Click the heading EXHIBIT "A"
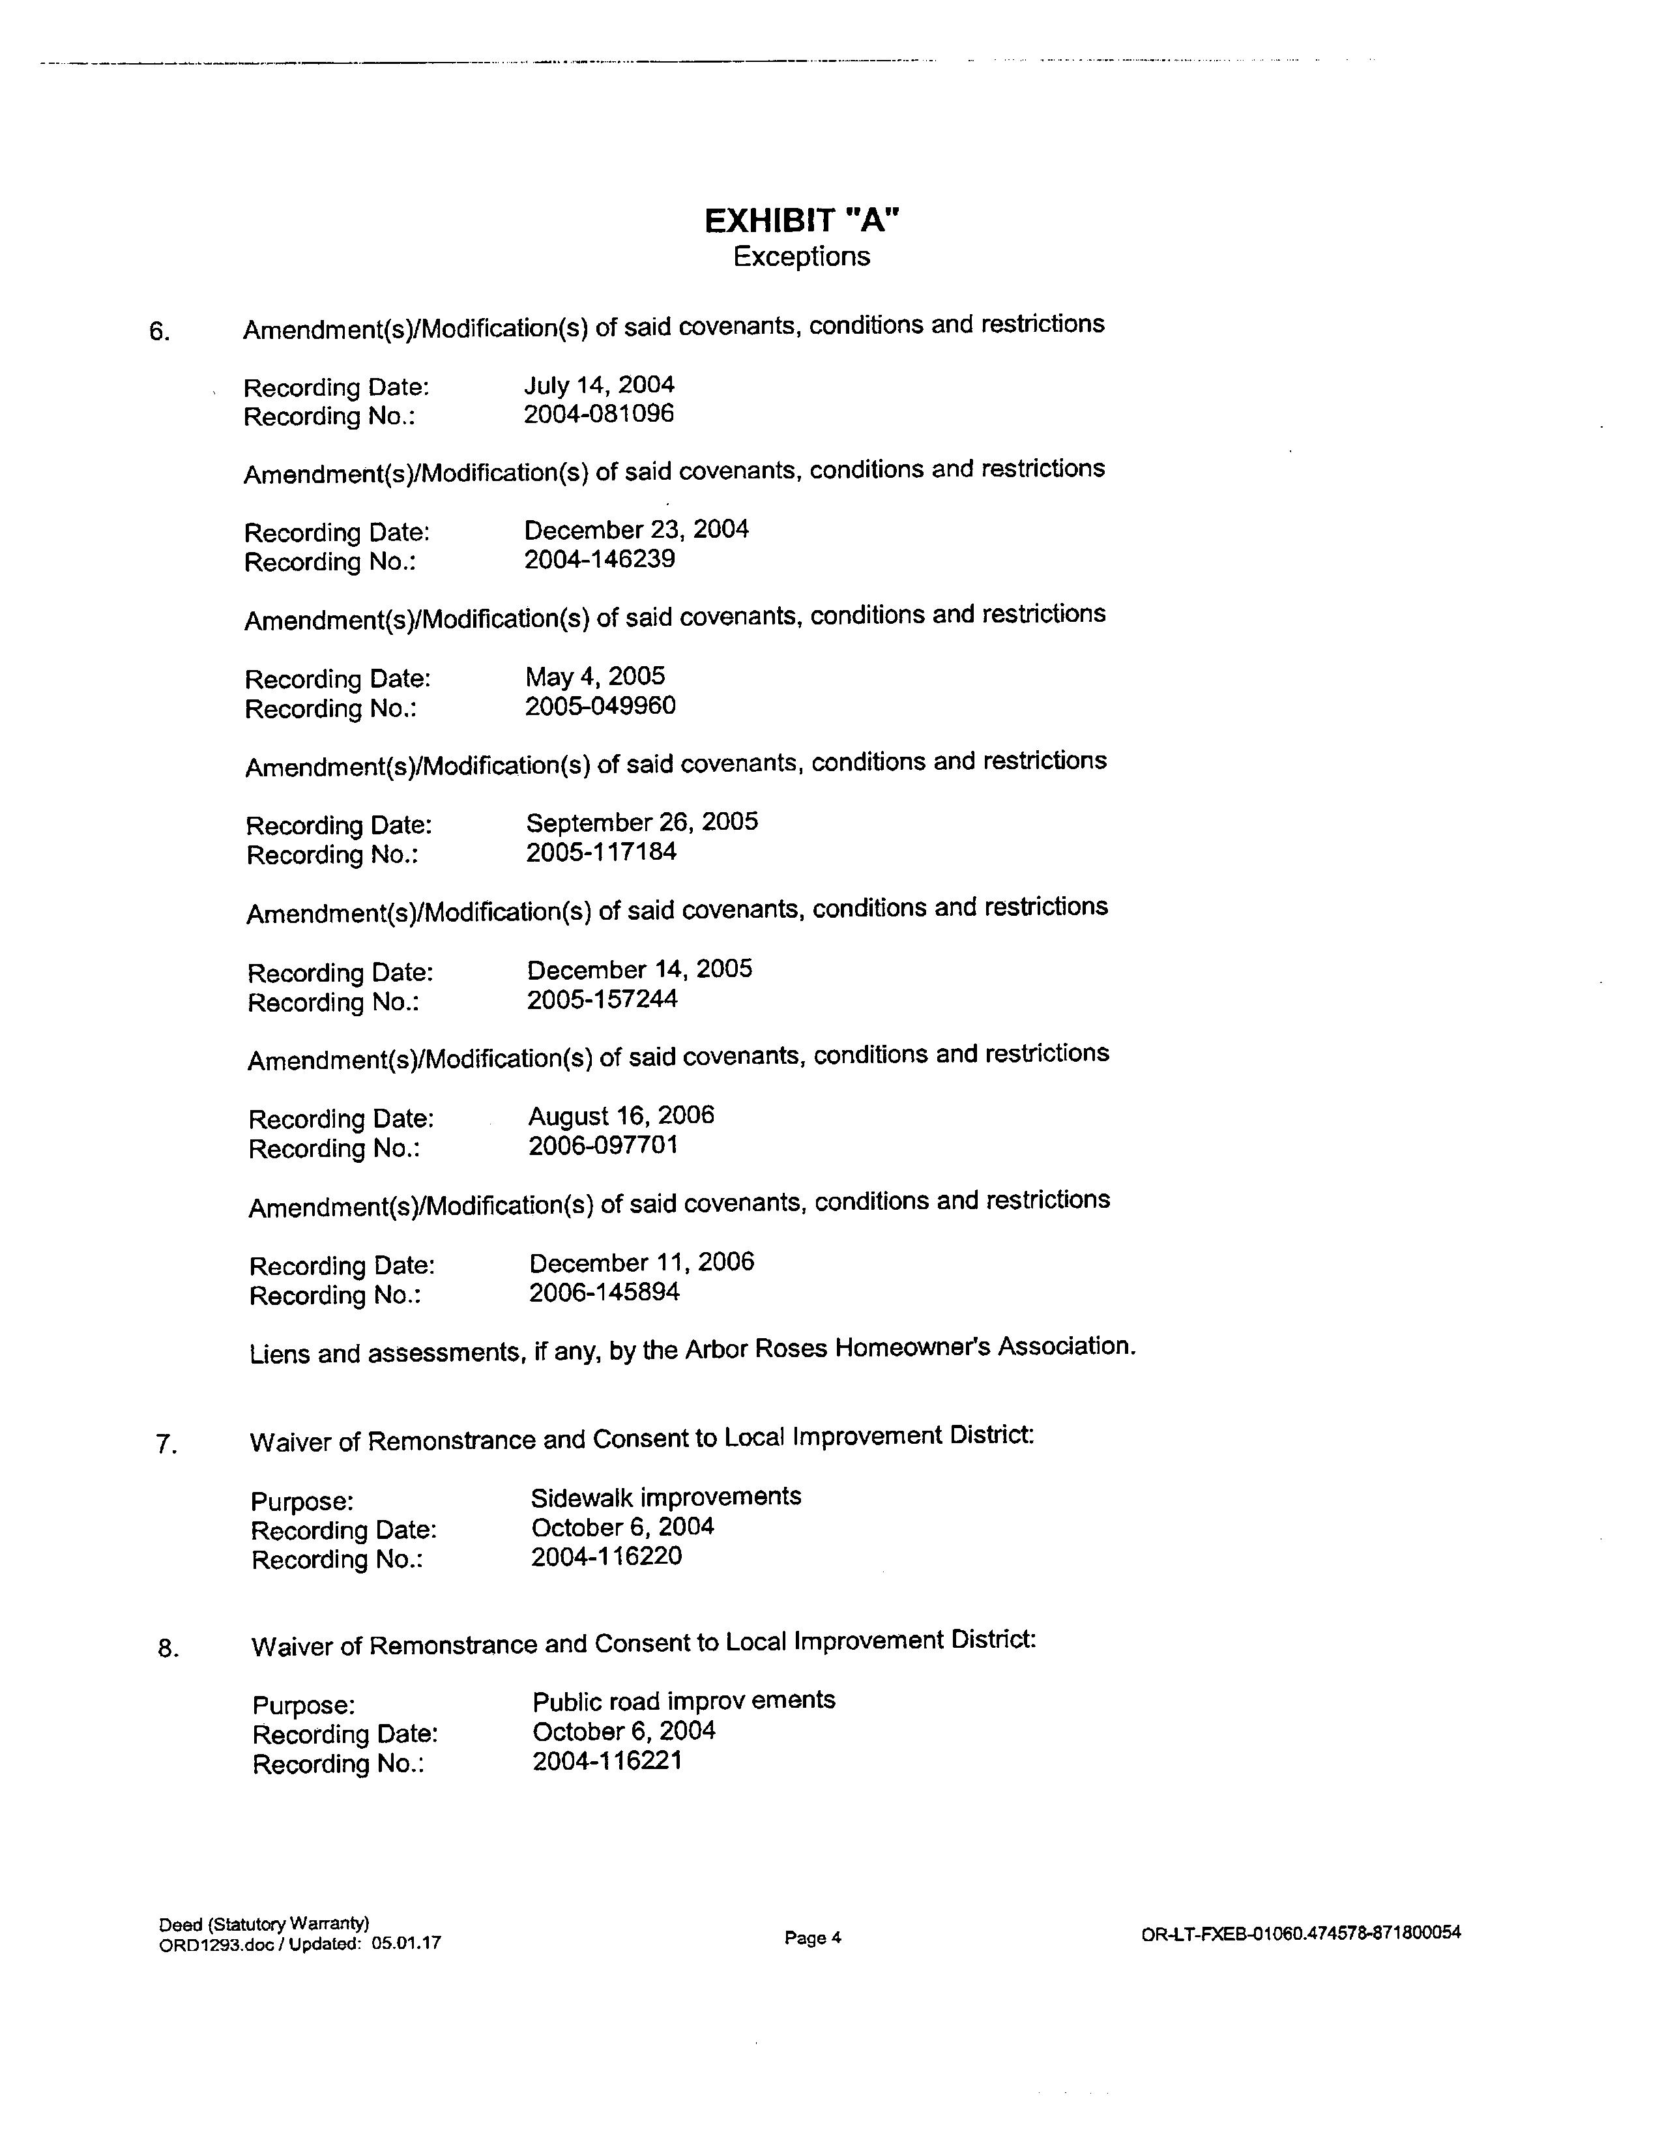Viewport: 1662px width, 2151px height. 802,220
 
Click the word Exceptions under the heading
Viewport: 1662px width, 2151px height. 802,257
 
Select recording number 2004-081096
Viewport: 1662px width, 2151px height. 598,414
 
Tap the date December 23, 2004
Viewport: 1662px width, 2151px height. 636,530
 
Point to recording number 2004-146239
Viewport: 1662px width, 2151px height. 600,559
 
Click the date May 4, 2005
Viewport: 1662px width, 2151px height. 594,677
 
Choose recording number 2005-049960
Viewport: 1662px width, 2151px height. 601,706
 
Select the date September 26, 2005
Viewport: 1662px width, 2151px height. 642,823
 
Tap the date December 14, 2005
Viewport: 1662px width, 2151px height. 640,969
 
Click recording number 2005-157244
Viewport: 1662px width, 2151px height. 603,1000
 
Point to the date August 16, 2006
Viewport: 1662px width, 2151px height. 621,1116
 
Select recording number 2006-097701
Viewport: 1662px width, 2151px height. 604,1145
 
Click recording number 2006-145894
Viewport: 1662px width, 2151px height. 605,1292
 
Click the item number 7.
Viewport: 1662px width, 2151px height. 166,1445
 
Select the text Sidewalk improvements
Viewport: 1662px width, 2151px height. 665,1497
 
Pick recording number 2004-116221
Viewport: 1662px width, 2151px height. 607,1761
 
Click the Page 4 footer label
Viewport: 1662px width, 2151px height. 812,1939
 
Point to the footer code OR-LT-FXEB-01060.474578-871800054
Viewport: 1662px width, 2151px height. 1301,1933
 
